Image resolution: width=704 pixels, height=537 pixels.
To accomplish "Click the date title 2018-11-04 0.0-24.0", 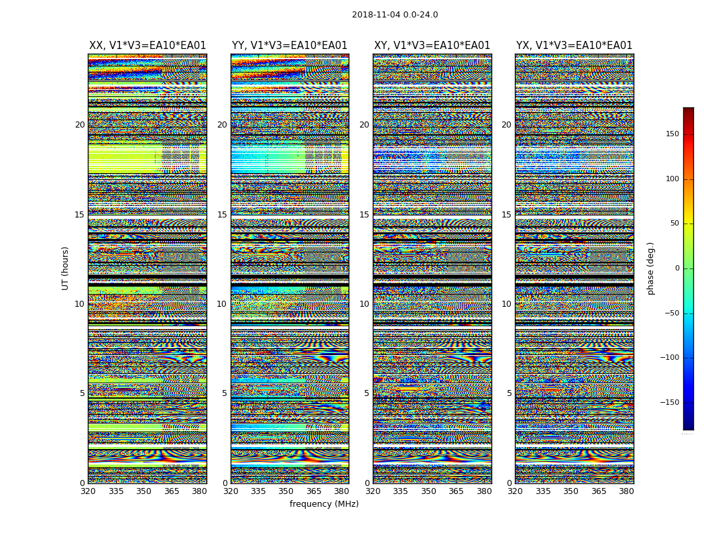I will pyautogui.click(x=395, y=15).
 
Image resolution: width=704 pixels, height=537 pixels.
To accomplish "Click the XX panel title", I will pyautogui.click(x=148, y=46).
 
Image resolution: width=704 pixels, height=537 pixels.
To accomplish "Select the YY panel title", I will pyautogui.click(x=290, y=46).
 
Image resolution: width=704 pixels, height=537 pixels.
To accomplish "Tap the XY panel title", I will pyautogui.click(x=432, y=46).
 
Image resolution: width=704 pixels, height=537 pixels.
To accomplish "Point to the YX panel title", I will pyautogui.click(x=574, y=46).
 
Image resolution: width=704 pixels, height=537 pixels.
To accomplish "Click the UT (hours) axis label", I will pyautogui.click(x=66, y=268).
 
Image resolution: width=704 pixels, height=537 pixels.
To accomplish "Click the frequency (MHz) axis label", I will pyautogui.click(x=324, y=504).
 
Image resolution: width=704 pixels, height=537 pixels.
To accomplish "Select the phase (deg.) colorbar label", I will pyautogui.click(x=650, y=268).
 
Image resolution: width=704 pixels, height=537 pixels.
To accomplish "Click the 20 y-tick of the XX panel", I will pyautogui.click(x=80, y=125).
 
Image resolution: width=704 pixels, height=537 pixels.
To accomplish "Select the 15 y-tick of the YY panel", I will pyautogui.click(x=222, y=215).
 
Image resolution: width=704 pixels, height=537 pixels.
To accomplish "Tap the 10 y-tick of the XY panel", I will pyautogui.click(x=364, y=304).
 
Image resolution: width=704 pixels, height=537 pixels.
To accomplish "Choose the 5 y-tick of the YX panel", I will pyautogui.click(x=509, y=393).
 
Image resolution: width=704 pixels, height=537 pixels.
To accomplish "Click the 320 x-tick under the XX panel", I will pyautogui.click(x=88, y=491).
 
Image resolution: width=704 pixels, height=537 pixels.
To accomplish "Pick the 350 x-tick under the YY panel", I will pyautogui.click(x=286, y=491).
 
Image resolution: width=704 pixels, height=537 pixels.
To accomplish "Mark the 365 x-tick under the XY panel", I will pyautogui.click(x=456, y=491).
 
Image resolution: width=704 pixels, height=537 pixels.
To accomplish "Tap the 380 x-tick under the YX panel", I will pyautogui.click(x=626, y=491).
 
